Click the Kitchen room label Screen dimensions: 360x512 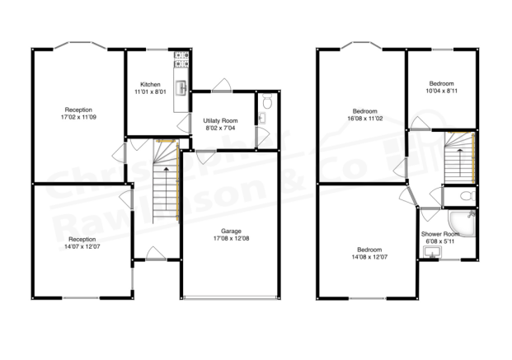(x=150, y=84)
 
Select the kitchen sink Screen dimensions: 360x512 (x=181, y=84)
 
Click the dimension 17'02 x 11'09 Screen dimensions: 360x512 (x=79, y=117)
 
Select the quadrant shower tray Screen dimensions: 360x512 (x=463, y=221)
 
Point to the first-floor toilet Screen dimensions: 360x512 (x=466, y=196)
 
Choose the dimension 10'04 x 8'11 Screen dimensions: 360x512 (x=443, y=91)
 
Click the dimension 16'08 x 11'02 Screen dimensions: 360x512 (x=365, y=119)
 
